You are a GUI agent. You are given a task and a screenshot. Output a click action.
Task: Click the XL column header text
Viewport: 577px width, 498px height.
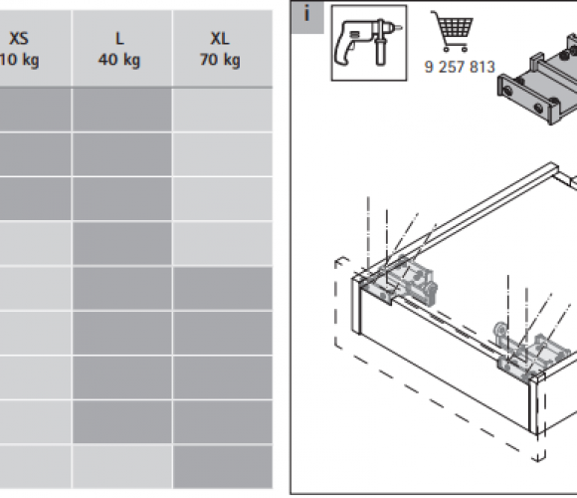[x=220, y=39]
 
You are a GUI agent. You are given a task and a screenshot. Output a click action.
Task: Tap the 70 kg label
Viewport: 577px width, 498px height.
[x=220, y=60]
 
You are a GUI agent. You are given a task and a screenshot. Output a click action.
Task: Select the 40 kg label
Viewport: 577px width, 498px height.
[x=119, y=60]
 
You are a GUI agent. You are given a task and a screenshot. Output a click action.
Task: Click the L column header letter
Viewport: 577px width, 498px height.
[x=119, y=39]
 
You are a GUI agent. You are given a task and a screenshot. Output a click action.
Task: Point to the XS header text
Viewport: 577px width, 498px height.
[x=19, y=39]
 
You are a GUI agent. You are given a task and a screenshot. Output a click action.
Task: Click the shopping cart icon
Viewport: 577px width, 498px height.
[x=453, y=31]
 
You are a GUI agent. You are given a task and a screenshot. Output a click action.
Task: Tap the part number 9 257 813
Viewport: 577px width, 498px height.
[x=460, y=67]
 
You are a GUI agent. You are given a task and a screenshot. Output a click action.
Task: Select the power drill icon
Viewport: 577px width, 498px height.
[x=368, y=43]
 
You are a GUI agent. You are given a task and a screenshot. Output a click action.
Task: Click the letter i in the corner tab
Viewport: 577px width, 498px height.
[x=306, y=14]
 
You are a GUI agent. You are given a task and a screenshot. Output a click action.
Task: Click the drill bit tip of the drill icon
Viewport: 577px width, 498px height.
[x=401, y=27]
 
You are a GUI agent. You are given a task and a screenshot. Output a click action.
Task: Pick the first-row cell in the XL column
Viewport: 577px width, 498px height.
[x=223, y=110]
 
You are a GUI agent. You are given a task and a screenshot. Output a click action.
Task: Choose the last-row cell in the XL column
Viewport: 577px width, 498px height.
[x=223, y=467]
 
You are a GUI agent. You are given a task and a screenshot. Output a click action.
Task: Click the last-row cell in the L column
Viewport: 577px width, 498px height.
[x=122, y=467]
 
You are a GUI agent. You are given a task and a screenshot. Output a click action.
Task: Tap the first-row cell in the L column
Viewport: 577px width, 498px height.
[x=122, y=110]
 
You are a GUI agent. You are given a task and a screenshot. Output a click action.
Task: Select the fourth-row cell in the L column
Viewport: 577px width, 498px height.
[x=122, y=243]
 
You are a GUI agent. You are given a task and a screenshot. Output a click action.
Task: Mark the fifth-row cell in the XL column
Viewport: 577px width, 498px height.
[x=223, y=288]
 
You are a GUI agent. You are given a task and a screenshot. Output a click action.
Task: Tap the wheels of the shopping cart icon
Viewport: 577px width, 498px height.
[x=456, y=48]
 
